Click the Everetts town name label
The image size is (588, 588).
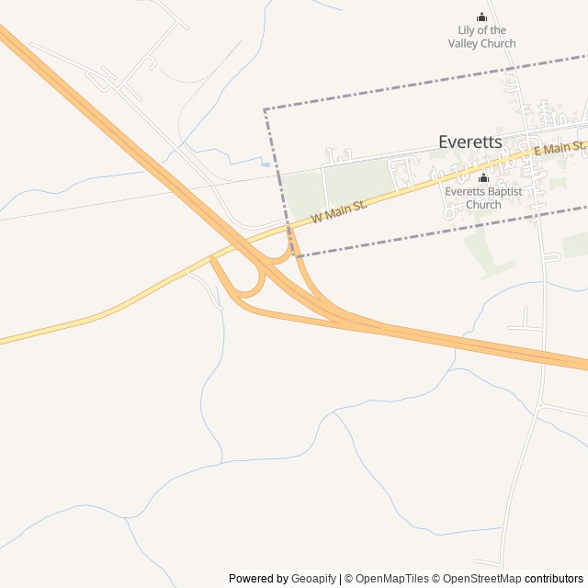click(x=469, y=141)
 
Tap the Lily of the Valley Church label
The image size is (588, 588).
click(x=481, y=37)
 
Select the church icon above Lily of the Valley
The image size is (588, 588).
click(x=481, y=17)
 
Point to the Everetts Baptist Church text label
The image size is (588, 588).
click(x=483, y=198)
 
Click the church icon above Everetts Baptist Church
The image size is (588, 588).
click(x=483, y=177)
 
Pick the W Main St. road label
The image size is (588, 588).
click(x=339, y=211)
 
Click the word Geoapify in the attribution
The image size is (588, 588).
click(x=314, y=579)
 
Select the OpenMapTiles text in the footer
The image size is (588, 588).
click(x=391, y=579)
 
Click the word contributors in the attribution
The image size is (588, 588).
click(x=554, y=579)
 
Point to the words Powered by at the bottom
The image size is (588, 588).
click(x=258, y=579)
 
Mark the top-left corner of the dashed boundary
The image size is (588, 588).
click(x=265, y=109)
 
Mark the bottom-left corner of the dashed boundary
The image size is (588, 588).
click(x=293, y=255)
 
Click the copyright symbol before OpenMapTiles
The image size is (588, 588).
click(x=349, y=579)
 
